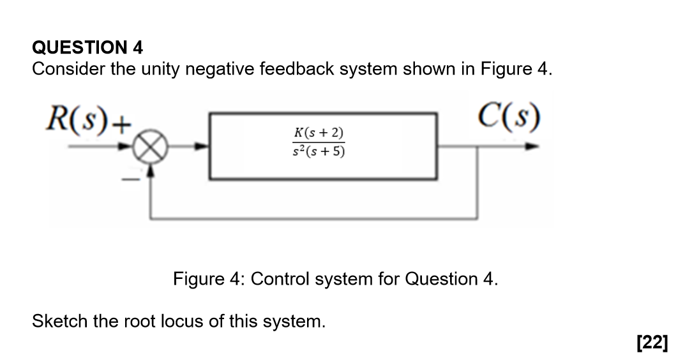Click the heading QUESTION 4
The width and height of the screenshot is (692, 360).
tap(87, 47)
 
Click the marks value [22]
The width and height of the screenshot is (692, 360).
tap(652, 343)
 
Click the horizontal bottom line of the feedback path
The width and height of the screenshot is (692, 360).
tap(313, 219)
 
